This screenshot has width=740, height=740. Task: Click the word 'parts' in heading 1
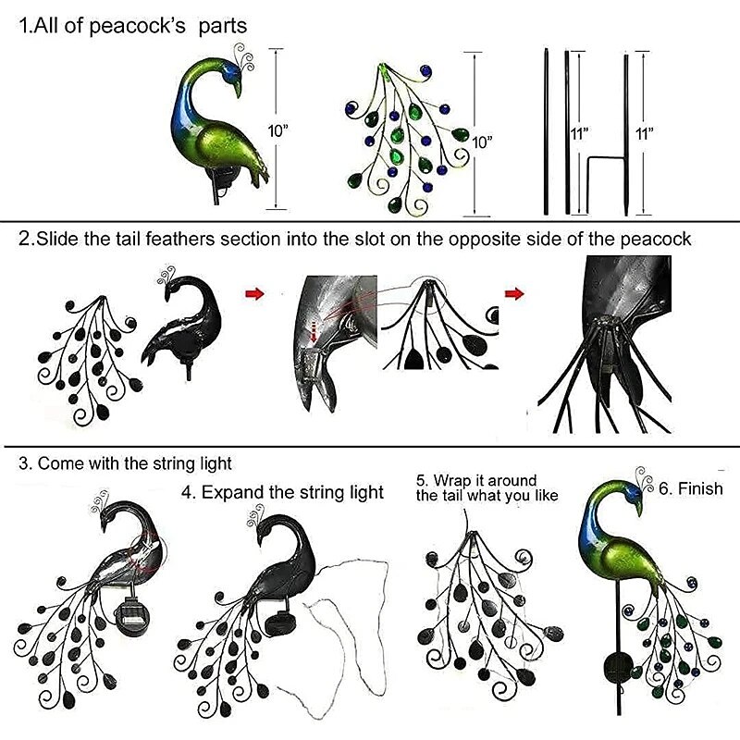tap(223, 26)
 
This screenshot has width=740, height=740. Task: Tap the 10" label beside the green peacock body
tap(278, 131)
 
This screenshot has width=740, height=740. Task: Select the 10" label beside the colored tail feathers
tap(482, 142)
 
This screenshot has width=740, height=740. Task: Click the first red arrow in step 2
tap(255, 294)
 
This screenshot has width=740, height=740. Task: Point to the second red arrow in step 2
tap(514, 293)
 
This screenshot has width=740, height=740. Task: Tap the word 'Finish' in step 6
tap(700, 488)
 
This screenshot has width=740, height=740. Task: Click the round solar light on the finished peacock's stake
tap(619, 666)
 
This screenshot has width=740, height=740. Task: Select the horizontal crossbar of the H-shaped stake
tap(607, 158)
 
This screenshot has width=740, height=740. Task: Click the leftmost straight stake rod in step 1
tap(547, 131)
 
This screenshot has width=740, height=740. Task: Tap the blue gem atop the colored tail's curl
tap(426, 71)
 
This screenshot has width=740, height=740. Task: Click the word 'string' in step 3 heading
tap(174, 464)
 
